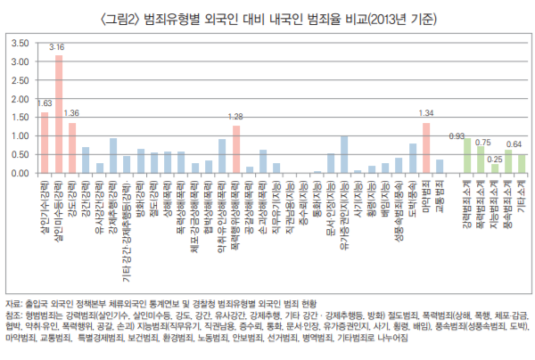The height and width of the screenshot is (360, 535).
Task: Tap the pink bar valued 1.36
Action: point(72,148)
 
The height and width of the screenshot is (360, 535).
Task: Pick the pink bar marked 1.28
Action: point(236,149)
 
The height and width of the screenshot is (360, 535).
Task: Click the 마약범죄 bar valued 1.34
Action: point(426,148)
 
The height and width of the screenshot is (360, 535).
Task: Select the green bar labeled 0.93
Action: point(467,155)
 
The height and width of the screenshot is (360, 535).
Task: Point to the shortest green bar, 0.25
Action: point(495,168)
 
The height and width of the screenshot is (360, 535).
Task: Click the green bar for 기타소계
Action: point(523,163)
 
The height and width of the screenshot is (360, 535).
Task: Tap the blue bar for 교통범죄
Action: point(440,166)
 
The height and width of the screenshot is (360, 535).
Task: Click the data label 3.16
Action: point(57,47)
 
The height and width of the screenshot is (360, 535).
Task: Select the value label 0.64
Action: point(514,143)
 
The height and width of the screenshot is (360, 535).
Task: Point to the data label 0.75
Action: point(482,141)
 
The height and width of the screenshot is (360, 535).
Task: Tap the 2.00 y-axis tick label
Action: point(20,99)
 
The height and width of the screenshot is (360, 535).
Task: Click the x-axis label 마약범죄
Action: point(426,192)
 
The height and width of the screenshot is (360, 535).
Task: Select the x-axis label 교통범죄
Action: point(440,192)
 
